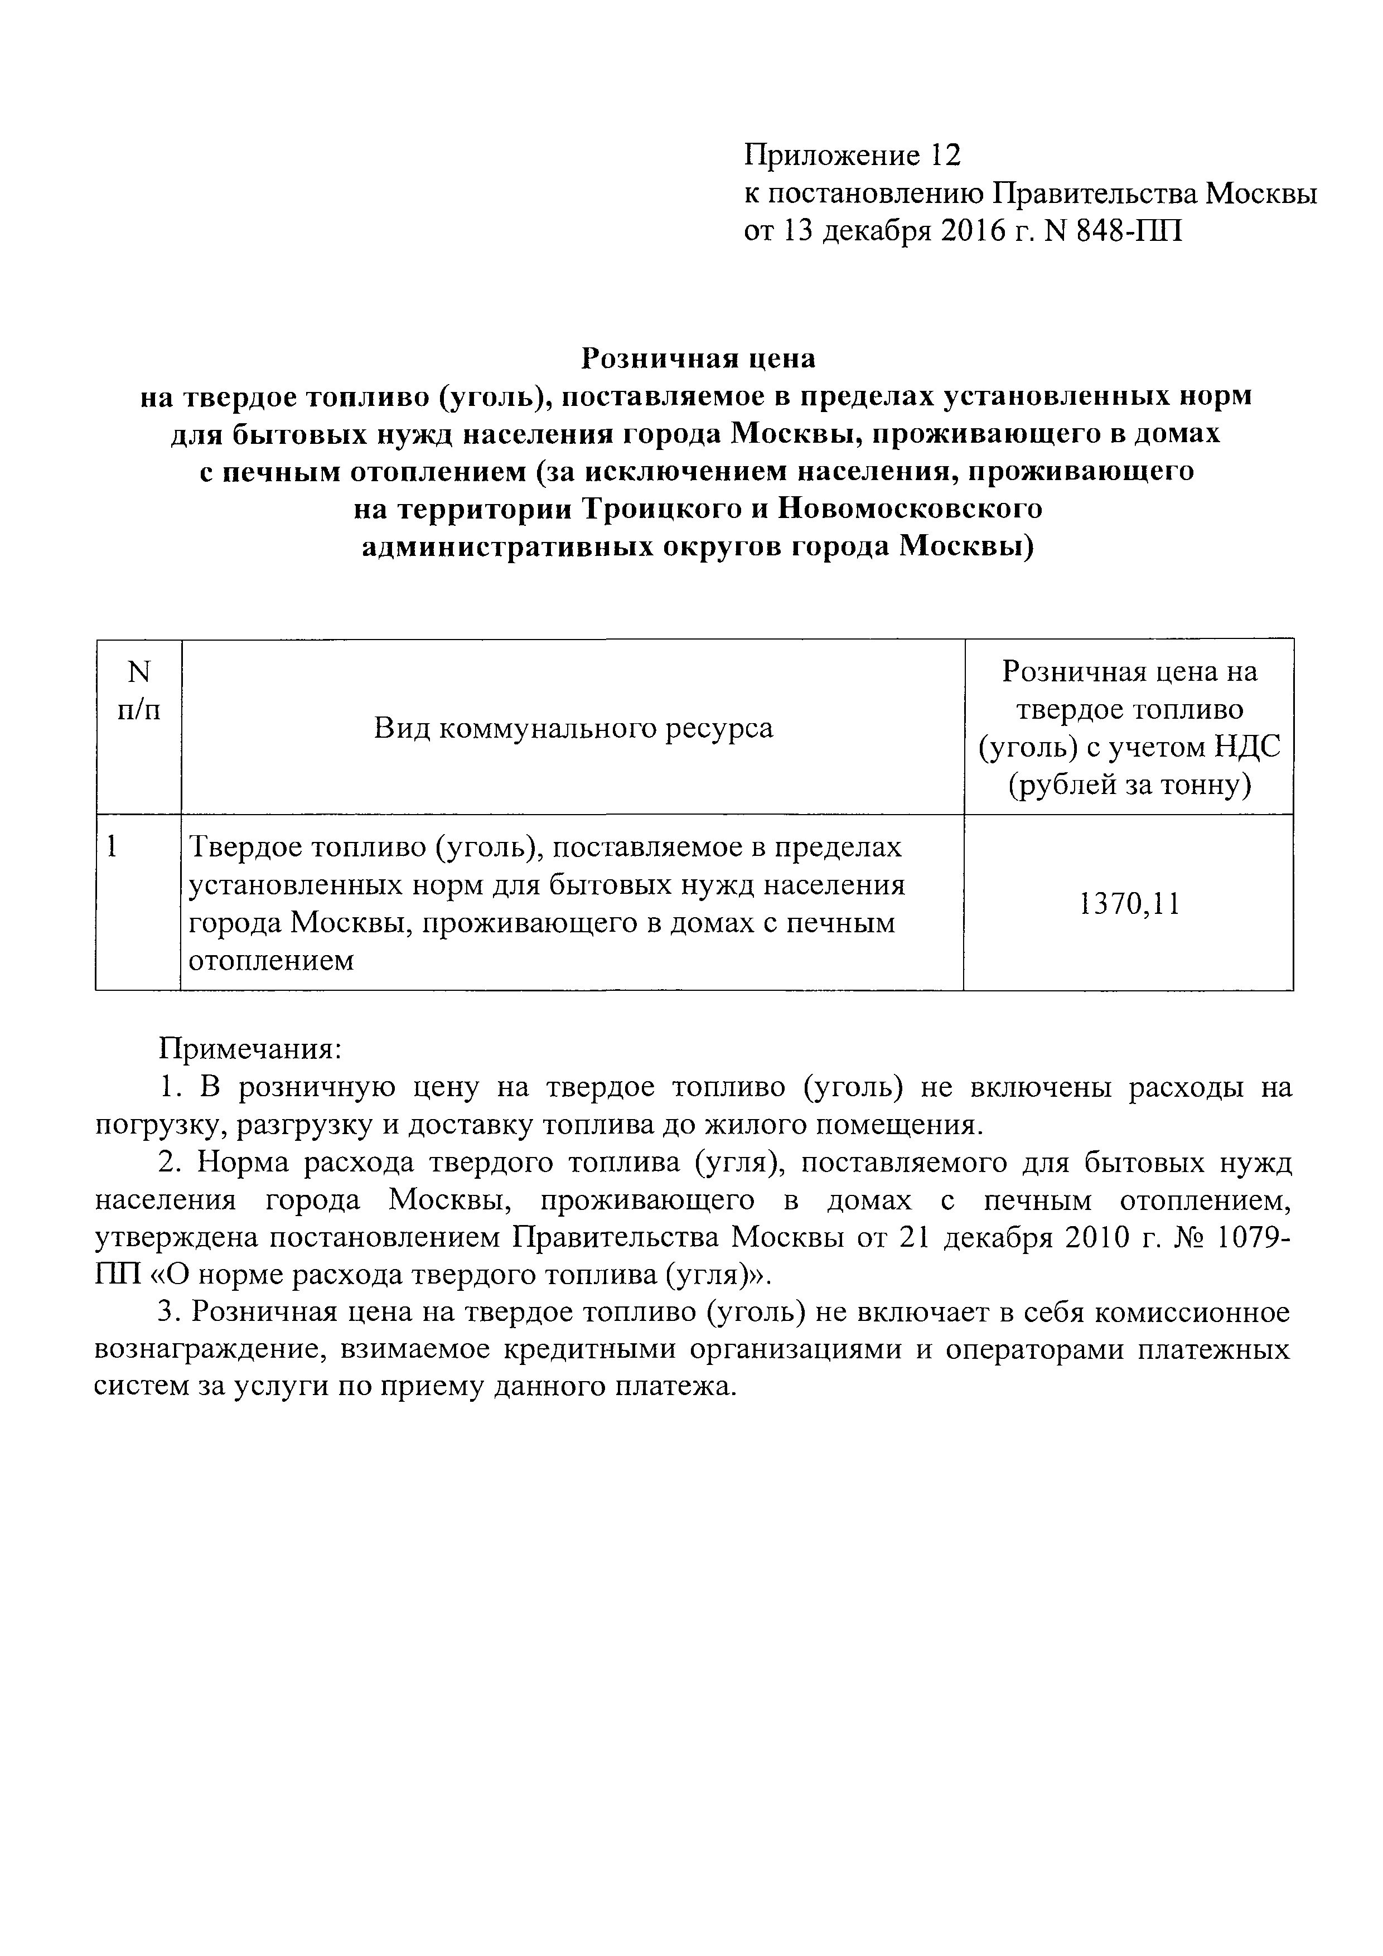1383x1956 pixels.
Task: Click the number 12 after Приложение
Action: (945, 156)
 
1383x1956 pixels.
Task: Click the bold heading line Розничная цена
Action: (698, 359)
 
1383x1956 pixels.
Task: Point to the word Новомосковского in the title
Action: (911, 509)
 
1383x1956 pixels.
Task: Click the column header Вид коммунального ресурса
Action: (573, 728)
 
